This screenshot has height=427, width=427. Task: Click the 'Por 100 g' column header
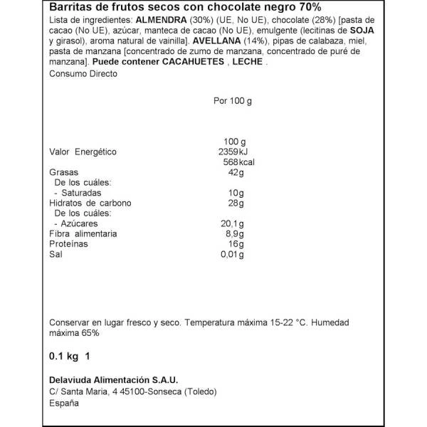pos(233,100)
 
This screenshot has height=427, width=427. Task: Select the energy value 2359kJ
pos(233,152)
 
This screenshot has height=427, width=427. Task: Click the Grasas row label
pos(62,173)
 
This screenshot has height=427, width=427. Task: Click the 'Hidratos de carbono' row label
pos(90,203)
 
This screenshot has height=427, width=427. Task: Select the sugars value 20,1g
pos(233,223)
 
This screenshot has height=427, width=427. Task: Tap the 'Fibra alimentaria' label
pos(83,233)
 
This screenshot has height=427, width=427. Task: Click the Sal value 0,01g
pos(232,254)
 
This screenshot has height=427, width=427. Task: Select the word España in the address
pos(64,403)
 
